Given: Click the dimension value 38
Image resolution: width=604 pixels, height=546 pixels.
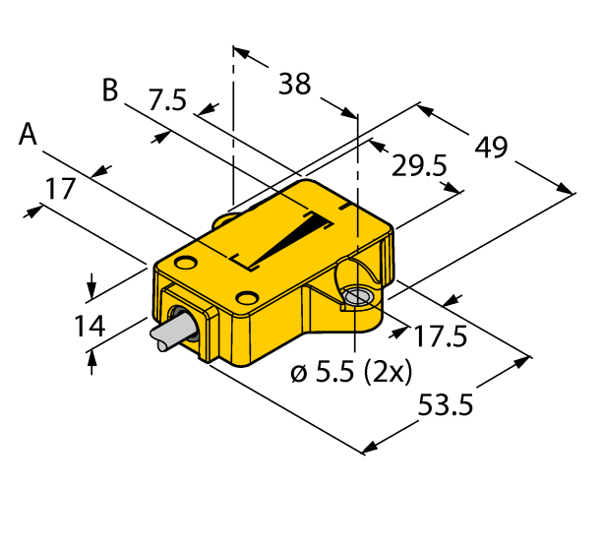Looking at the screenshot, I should pos(294,86).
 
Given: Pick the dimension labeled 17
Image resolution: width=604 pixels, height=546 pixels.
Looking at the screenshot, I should pos(61,188).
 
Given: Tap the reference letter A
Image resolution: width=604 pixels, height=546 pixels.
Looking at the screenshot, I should pos(30,135).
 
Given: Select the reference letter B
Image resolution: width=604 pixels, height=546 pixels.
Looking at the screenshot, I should pos(110,91).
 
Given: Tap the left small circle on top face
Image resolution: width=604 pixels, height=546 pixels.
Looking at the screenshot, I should pos(186,263).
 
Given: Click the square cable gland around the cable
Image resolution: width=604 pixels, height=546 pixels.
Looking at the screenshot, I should pos(187,320).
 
